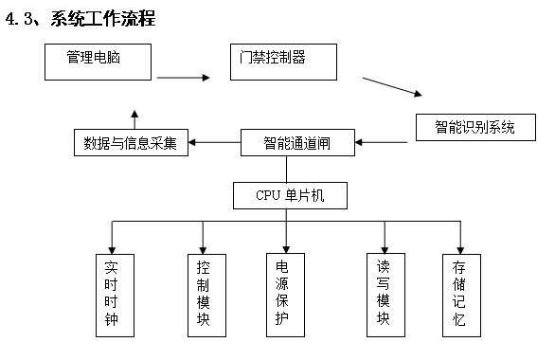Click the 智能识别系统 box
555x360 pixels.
(475, 126)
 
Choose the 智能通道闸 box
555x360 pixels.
(297, 143)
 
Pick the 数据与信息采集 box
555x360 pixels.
(130, 144)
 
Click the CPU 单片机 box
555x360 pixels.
(289, 196)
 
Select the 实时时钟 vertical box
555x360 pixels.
(113, 294)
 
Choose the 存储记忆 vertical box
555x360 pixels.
(459, 294)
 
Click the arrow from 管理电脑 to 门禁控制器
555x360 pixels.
(183, 78)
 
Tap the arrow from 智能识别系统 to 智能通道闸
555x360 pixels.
(383, 143)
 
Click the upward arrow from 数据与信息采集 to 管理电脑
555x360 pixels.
(134, 119)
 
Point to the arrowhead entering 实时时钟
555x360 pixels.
(113, 247)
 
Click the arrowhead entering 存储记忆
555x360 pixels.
(459, 247)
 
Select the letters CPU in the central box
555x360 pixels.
(268, 196)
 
